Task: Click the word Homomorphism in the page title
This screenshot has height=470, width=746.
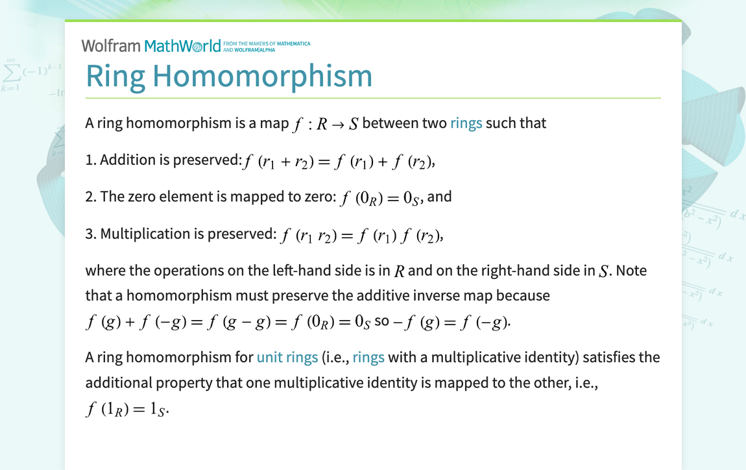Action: tap(262, 76)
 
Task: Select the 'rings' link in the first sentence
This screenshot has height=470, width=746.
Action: tap(466, 123)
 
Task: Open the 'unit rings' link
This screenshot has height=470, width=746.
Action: tap(287, 357)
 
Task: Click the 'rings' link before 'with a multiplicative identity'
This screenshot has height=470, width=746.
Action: tap(368, 357)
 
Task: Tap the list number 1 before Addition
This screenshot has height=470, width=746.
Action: tap(89, 160)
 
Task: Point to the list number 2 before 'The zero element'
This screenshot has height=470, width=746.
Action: tap(89, 197)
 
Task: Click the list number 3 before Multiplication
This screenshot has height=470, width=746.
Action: tap(89, 234)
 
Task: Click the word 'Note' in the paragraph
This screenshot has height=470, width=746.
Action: tap(631, 270)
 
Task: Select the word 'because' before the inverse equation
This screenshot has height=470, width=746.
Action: tap(523, 295)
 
